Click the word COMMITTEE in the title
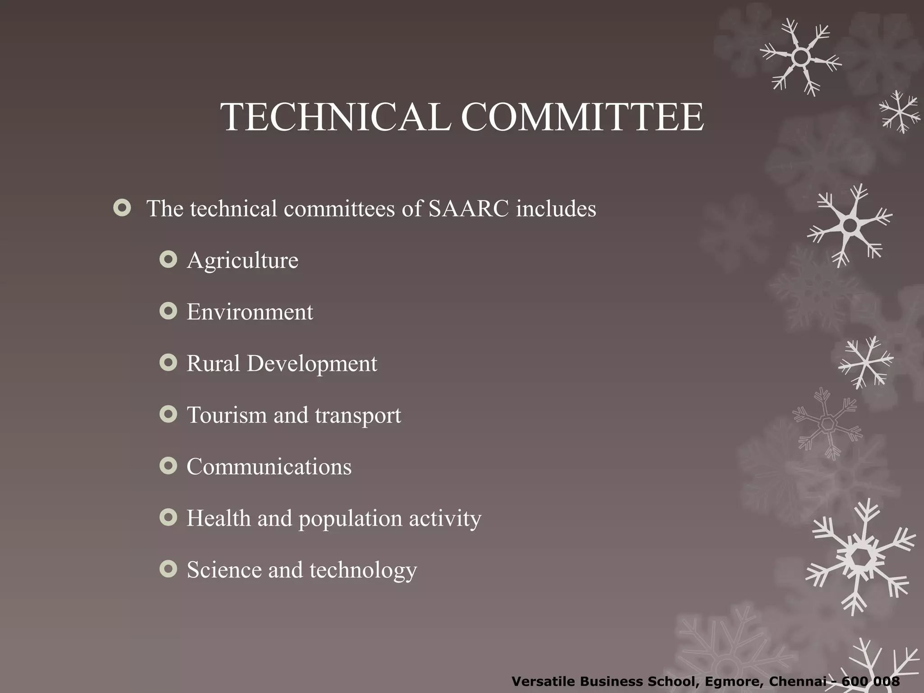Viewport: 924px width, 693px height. (582, 117)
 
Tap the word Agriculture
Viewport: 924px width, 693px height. (242, 261)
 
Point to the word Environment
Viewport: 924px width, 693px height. (249, 312)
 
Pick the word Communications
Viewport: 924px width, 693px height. (269, 467)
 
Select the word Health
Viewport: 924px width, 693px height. (218, 518)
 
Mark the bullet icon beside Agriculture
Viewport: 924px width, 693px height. (168, 260)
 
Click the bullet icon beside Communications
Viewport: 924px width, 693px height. (168, 466)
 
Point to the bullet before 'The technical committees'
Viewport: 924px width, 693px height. (122, 208)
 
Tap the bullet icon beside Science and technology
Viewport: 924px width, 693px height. (168, 569)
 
